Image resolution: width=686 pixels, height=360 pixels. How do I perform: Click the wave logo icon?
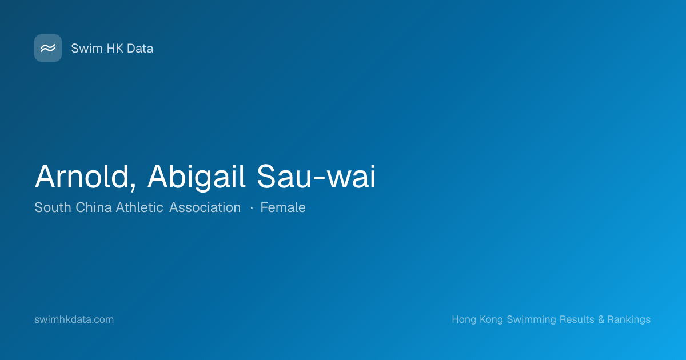click(48, 48)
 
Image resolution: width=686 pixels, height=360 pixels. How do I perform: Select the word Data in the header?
click(140, 49)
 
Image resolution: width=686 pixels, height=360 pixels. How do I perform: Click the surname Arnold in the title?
click(82, 177)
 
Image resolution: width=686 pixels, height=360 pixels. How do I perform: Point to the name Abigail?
click(197, 178)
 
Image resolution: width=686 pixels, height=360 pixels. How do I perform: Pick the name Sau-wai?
click(316, 177)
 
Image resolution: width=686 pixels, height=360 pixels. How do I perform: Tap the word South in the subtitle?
click(53, 207)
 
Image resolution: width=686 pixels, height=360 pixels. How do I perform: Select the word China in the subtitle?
click(94, 207)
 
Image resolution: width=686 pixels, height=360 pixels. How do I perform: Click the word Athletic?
click(139, 207)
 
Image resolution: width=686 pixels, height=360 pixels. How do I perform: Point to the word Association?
click(205, 207)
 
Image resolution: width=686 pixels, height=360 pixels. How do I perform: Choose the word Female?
click(283, 207)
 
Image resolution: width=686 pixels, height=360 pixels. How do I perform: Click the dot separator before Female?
click(252, 208)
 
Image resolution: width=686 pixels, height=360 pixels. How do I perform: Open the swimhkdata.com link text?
click(74, 319)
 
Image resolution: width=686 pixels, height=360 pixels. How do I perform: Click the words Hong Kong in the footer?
click(477, 319)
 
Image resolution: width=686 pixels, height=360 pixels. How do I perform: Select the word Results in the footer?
click(577, 319)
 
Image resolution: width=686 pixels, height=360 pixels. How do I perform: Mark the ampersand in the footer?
click(601, 319)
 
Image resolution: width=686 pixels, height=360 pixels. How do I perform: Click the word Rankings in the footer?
click(629, 319)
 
